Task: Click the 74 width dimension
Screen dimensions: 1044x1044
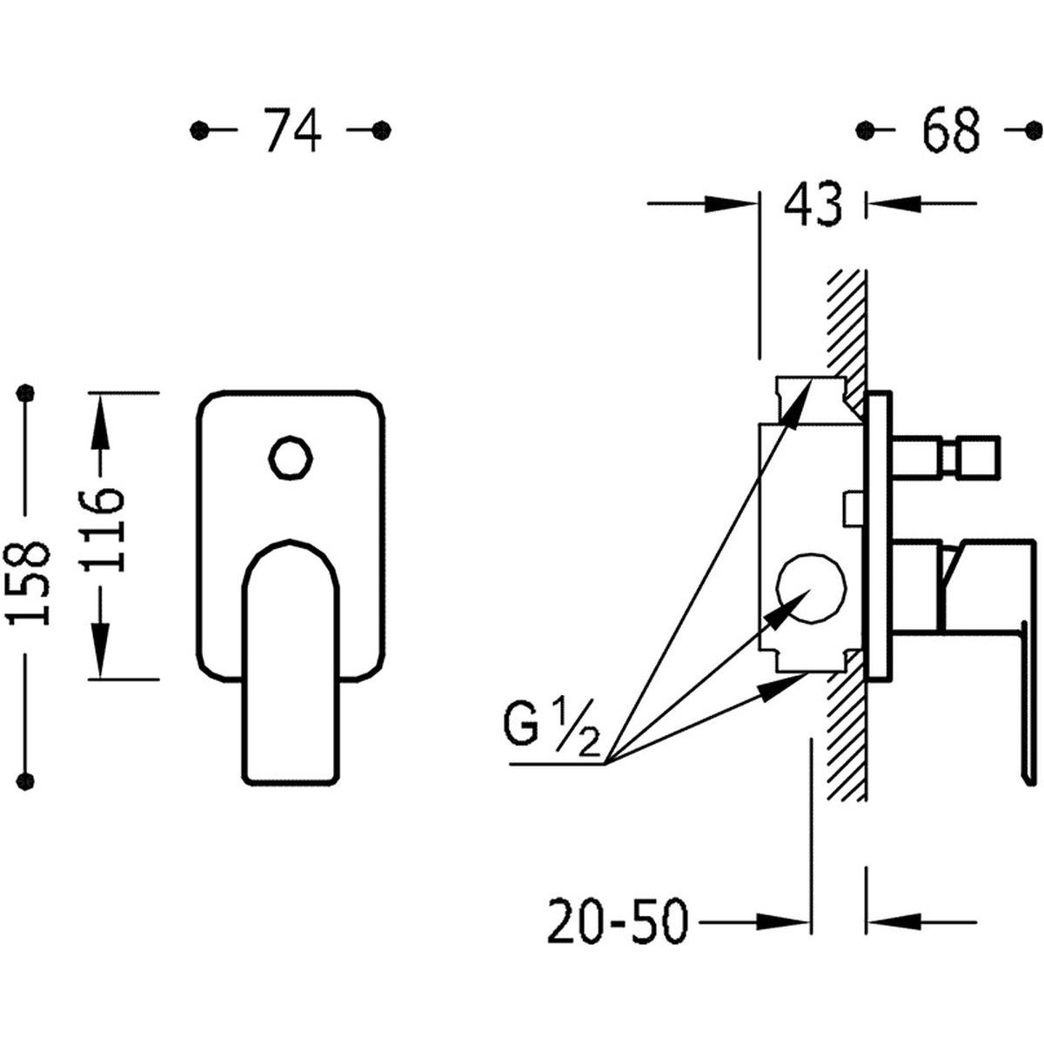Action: tap(292, 130)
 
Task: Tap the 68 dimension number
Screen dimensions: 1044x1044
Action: tap(952, 130)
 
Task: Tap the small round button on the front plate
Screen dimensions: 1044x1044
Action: tap(291, 458)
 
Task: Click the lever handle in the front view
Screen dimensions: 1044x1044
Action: tap(291, 661)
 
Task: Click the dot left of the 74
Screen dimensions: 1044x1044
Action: tap(199, 130)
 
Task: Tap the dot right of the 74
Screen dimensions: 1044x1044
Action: tap(382, 130)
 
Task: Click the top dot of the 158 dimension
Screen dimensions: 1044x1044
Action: tap(25, 392)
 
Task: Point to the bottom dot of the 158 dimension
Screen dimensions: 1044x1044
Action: tap(25, 780)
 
